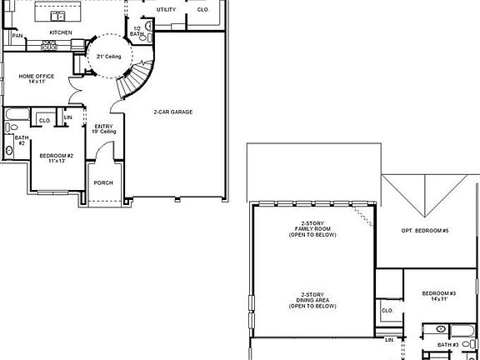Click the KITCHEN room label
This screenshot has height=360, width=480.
(x=60, y=32)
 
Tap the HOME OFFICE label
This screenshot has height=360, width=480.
(x=37, y=79)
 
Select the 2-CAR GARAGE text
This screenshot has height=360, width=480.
(x=172, y=112)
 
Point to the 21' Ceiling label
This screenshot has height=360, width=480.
(x=109, y=56)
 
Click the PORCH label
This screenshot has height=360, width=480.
(x=103, y=182)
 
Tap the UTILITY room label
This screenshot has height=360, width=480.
(x=166, y=9)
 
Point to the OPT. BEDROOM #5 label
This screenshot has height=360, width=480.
(x=425, y=230)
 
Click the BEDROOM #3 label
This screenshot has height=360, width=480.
(x=439, y=296)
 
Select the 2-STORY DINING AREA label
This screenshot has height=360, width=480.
(x=312, y=301)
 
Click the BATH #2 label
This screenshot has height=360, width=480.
(x=22, y=141)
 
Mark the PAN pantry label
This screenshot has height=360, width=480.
(x=17, y=37)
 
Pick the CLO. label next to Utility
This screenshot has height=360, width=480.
(x=202, y=9)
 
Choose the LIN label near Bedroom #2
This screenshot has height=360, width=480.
(x=67, y=117)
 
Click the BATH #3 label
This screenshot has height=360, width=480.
(x=448, y=344)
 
